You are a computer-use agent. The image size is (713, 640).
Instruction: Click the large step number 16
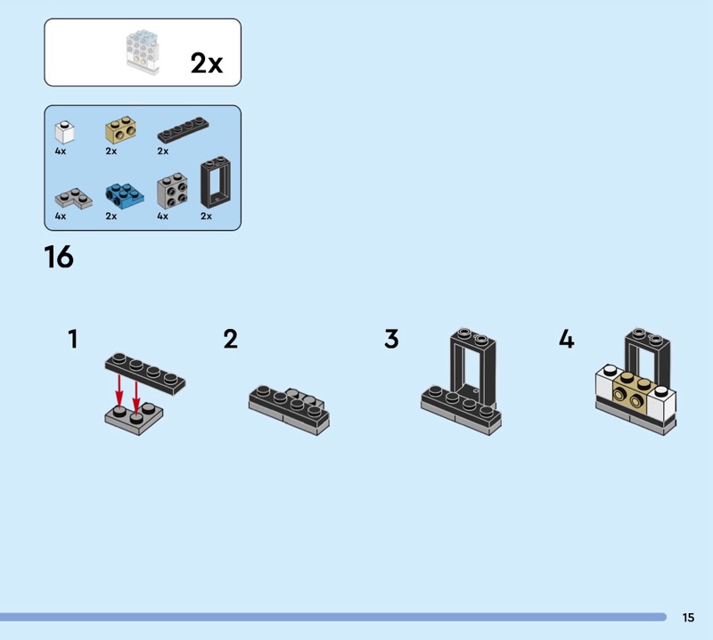pyautogui.click(x=59, y=257)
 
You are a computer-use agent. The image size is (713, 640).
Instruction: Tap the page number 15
pyautogui.click(x=688, y=617)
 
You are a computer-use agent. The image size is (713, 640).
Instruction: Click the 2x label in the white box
pyautogui.click(x=207, y=62)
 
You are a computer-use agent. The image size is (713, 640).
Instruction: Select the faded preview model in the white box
pyautogui.click(x=143, y=52)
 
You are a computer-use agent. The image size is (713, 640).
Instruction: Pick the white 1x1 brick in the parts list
pyautogui.click(x=64, y=132)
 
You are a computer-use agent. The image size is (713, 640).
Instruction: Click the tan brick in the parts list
pyautogui.click(x=120, y=129)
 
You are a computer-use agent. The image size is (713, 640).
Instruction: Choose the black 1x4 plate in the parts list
pyautogui.click(x=184, y=129)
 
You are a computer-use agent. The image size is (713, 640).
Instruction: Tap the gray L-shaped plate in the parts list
pyautogui.click(x=73, y=198)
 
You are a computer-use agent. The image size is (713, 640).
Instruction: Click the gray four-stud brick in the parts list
pyautogui.click(x=172, y=191)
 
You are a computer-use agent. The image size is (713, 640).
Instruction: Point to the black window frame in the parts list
pyautogui.click(x=216, y=182)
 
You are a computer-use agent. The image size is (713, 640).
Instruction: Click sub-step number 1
pyautogui.click(x=73, y=340)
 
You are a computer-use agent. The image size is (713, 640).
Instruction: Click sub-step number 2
pyautogui.click(x=231, y=340)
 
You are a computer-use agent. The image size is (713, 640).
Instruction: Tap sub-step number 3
pyautogui.click(x=391, y=340)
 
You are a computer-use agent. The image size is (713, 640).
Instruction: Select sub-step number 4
pyautogui.click(x=567, y=340)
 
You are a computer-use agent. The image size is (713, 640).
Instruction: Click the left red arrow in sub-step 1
pyautogui.click(x=119, y=390)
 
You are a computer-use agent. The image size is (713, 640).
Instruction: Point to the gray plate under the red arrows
pyautogui.click(x=134, y=418)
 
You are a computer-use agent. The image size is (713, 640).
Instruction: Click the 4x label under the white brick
pyautogui.click(x=61, y=151)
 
